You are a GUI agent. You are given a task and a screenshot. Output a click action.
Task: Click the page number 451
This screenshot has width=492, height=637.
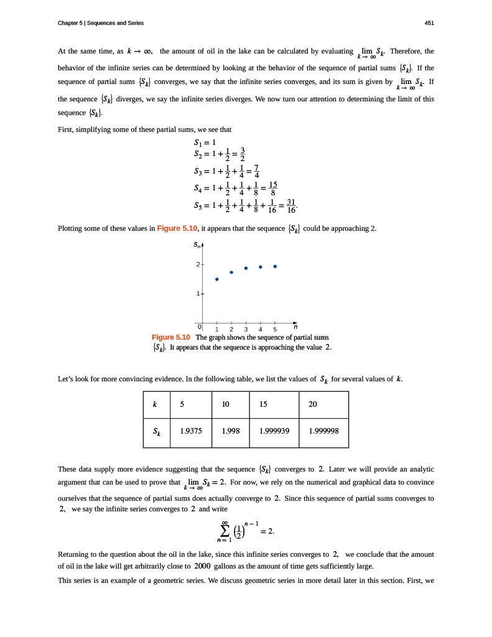tap(429, 23)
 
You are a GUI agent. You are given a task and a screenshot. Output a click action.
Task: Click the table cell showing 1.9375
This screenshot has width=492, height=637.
tap(190, 429)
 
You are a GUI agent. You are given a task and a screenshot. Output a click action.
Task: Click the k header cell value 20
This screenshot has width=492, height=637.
tap(312, 404)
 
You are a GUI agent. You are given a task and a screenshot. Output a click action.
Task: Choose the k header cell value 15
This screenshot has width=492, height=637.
tap(264, 404)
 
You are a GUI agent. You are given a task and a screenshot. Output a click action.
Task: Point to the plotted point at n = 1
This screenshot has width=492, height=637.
tap(217, 279)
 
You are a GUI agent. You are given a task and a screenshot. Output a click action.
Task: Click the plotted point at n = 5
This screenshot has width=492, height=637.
tap(275, 266)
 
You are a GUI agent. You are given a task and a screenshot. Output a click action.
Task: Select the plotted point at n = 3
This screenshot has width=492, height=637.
tap(246, 268)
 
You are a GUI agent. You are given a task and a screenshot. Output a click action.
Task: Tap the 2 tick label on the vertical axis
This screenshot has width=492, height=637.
tap(198, 265)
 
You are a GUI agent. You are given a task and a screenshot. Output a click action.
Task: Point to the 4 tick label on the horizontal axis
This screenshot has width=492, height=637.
tap(261, 330)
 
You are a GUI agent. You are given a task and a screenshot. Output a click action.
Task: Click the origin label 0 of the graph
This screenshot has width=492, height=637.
tap(200, 326)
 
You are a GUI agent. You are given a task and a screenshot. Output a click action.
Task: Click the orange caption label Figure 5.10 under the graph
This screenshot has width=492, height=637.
tap(171, 337)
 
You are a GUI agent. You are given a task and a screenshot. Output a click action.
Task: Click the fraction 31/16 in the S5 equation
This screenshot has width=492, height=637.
tap(290, 207)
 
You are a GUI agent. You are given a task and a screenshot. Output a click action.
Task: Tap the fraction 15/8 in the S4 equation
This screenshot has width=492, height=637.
tap(273, 188)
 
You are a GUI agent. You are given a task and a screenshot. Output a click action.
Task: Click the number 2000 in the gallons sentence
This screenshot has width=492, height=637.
tap(203, 566)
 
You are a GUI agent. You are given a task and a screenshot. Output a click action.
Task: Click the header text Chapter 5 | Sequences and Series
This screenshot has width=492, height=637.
tap(100, 23)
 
